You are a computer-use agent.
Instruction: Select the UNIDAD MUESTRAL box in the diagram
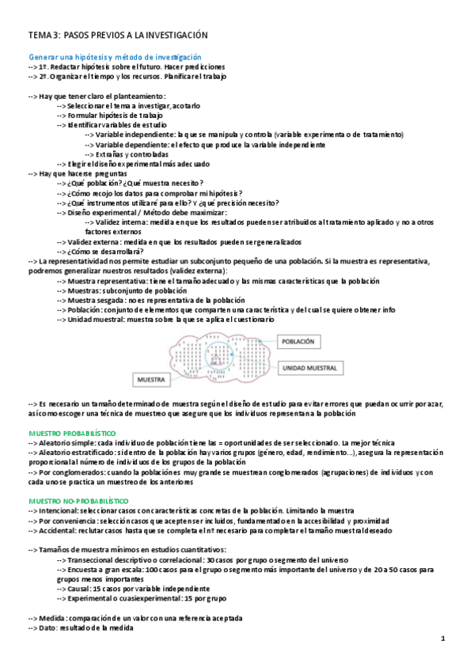(x=309, y=368)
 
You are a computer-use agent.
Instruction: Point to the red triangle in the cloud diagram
(x=215, y=360)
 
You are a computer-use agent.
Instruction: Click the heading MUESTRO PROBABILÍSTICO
(x=72, y=434)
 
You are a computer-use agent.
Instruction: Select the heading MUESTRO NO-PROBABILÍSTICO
(x=78, y=502)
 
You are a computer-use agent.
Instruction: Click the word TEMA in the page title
(x=39, y=36)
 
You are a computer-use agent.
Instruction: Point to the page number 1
(x=443, y=638)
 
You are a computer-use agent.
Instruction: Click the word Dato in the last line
(x=48, y=627)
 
